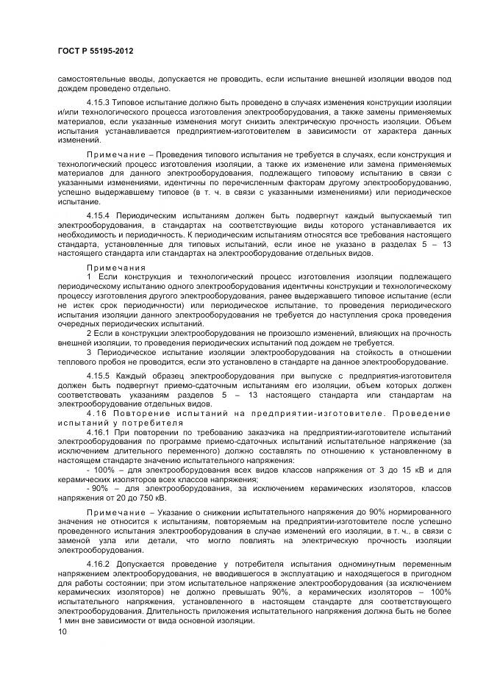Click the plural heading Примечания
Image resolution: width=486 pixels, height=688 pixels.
point(116,267)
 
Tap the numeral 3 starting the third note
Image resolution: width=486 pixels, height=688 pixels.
point(89,353)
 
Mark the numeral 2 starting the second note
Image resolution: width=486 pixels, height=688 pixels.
point(89,333)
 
